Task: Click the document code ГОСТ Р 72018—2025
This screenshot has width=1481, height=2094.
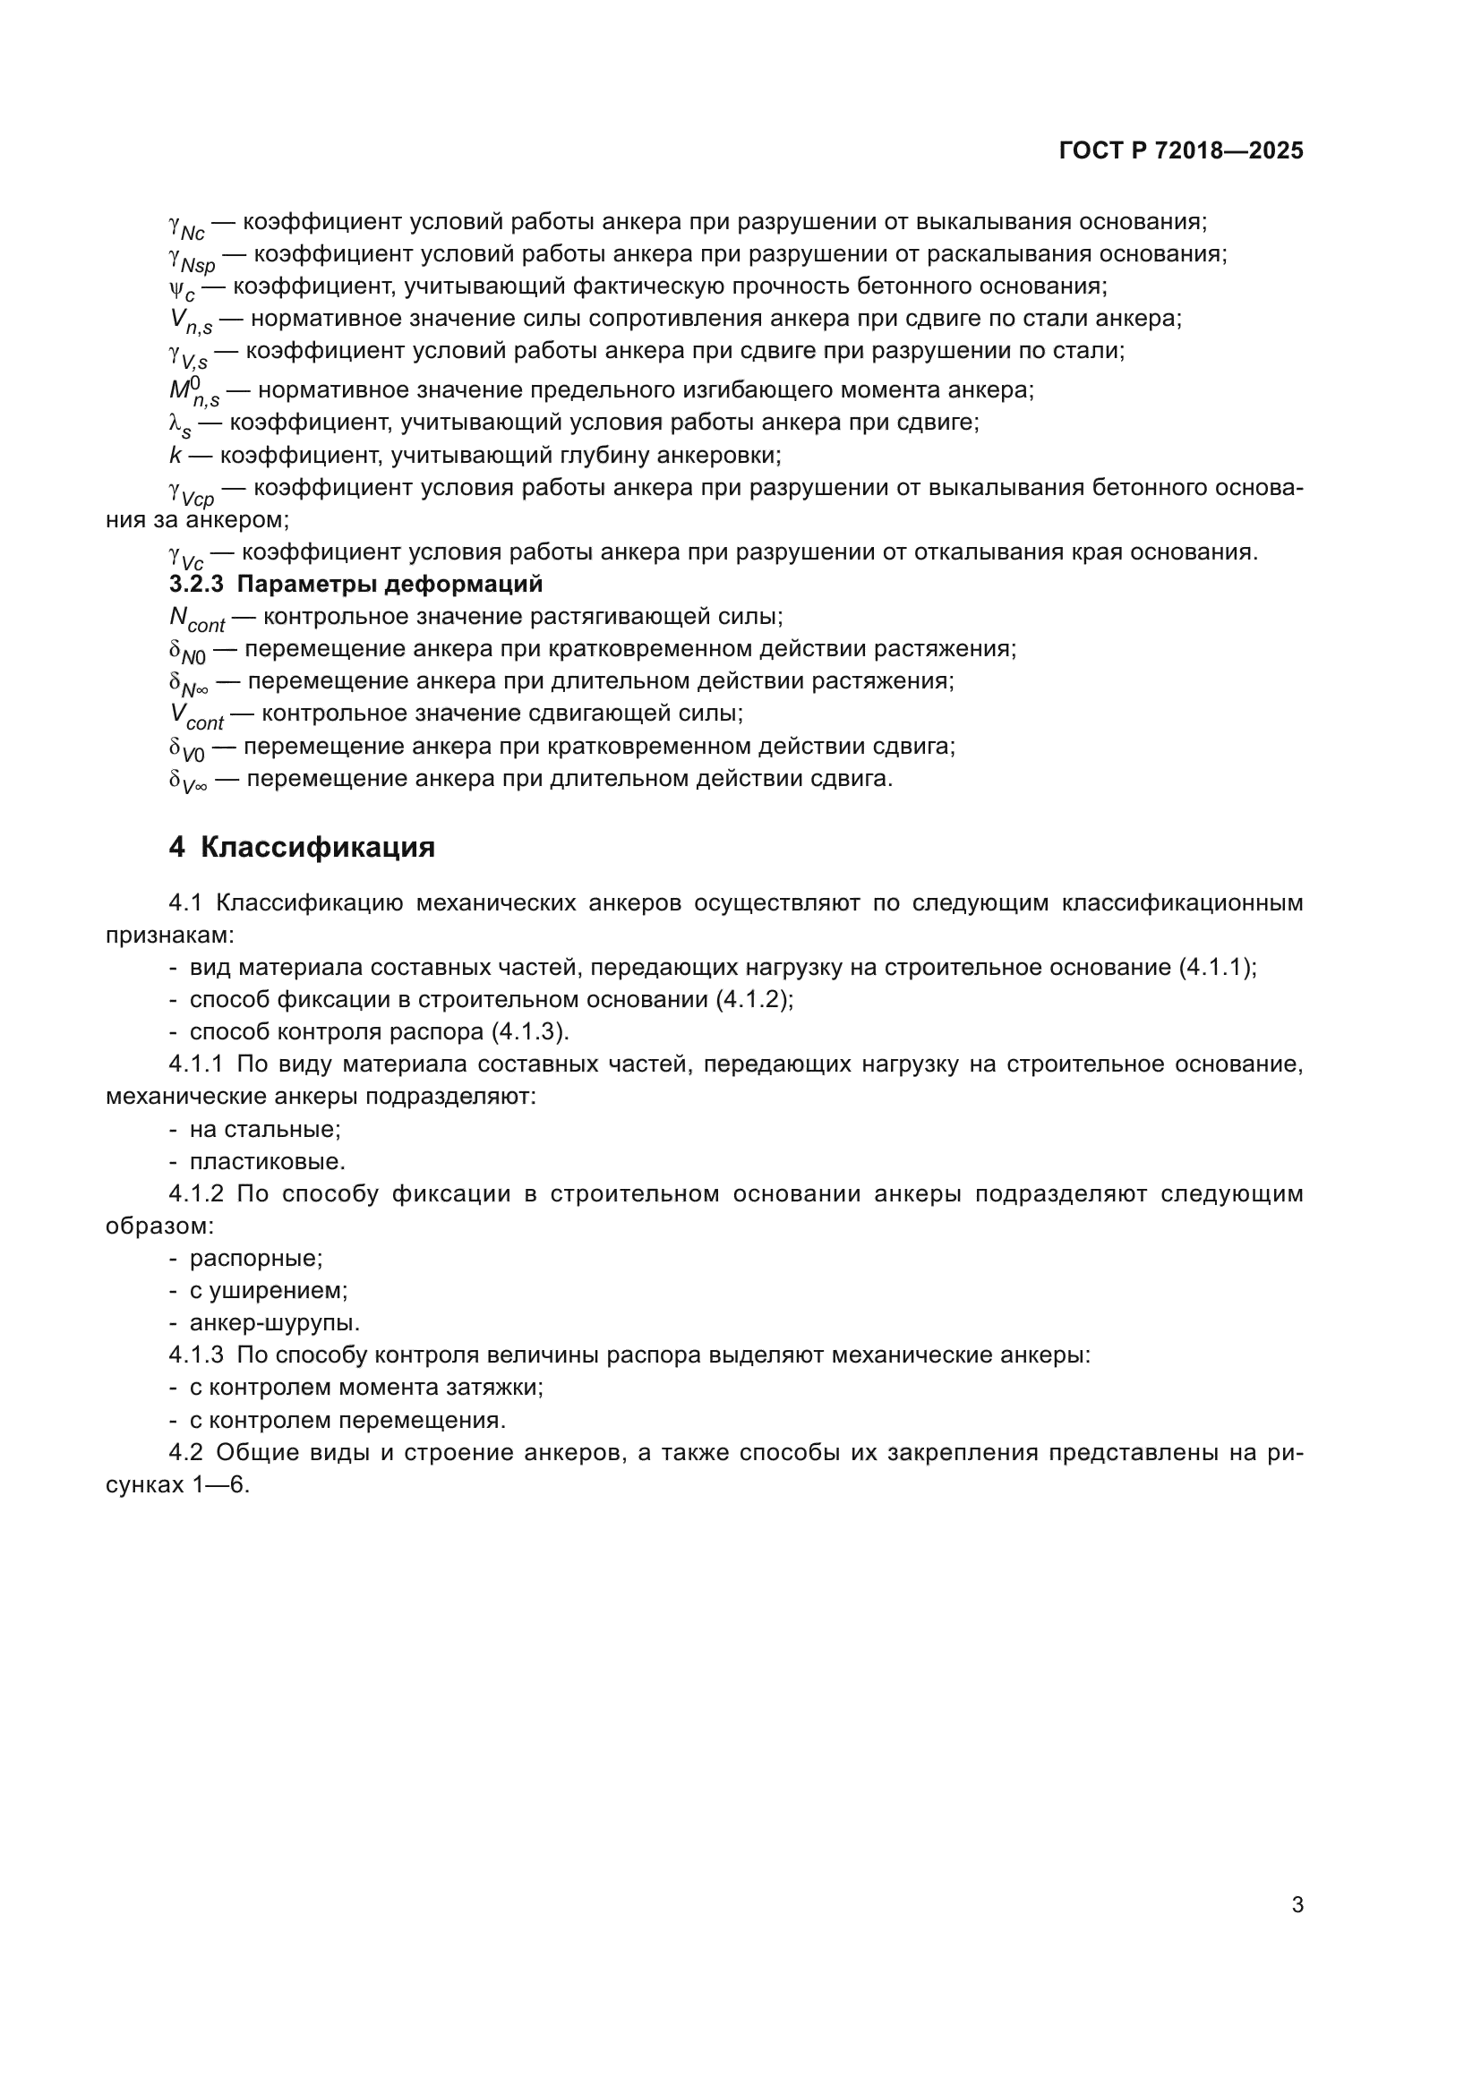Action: [1181, 150]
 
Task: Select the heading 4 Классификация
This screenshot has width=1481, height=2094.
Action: [302, 847]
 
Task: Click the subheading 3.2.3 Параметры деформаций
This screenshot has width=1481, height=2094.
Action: [355, 584]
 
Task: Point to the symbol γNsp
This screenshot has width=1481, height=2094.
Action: [192, 257]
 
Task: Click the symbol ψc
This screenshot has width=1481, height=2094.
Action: [182, 289]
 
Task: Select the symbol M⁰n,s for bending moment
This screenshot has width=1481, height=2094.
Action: [193, 391]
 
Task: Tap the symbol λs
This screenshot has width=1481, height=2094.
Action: [180, 425]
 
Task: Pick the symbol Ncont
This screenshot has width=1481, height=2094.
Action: [196, 620]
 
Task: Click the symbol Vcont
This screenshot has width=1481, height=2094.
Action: [196, 716]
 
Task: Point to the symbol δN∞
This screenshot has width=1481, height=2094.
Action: [188, 684]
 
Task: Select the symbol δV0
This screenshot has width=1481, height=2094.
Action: [187, 748]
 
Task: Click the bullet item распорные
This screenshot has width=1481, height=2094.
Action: [255, 1258]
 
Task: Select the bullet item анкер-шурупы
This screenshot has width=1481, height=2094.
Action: [275, 1322]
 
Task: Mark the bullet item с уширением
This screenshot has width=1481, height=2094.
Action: [268, 1291]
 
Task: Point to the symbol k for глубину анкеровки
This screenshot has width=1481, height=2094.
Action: [175, 455]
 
